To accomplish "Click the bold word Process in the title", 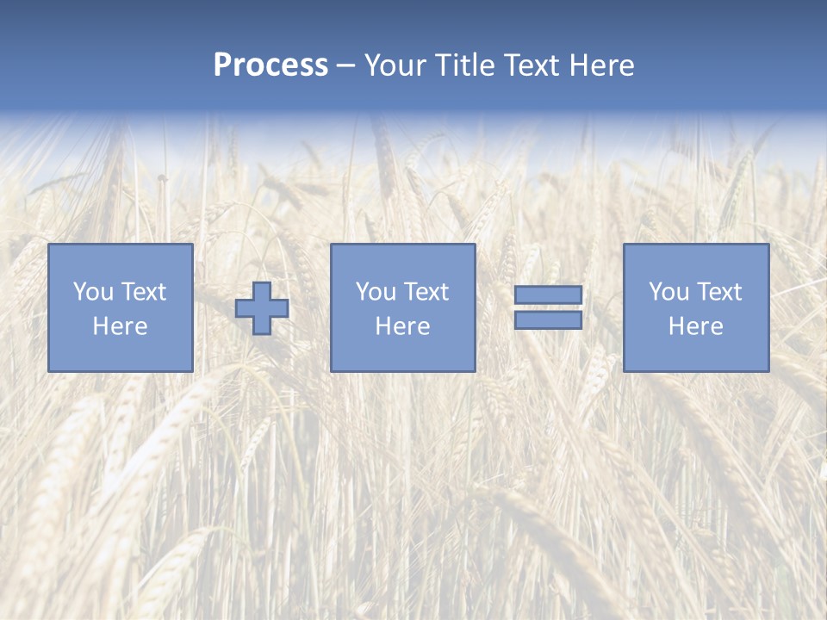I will point(270,65).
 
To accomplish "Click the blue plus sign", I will point(262,308).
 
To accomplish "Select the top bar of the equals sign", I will point(548,295).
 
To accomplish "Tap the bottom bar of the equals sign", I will point(548,320).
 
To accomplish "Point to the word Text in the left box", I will point(143,292).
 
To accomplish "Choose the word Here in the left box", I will point(120,326).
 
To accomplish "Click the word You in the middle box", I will point(376,292).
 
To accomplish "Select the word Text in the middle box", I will point(426,292).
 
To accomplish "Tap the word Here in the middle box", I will point(402,326).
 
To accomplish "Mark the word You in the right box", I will point(669,292).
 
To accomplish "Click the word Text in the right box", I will point(718,292).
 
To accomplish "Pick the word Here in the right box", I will point(695,326).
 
